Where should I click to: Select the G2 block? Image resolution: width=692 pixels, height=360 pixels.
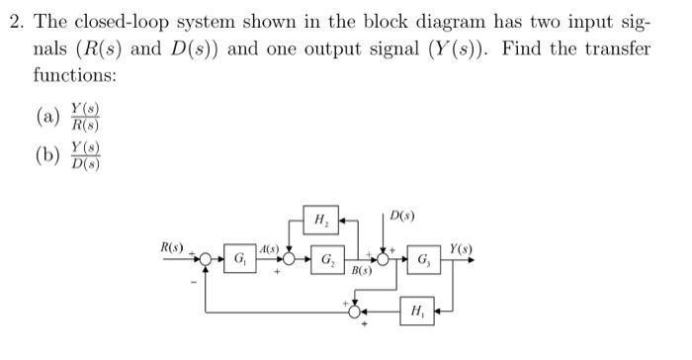[x=325, y=261]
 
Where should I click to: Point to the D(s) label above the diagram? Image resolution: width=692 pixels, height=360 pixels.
[x=403, y=215]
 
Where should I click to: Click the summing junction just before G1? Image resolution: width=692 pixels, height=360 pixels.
[x=206, y=260]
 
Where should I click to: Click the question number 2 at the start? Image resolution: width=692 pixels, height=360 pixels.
[x=14, y=23]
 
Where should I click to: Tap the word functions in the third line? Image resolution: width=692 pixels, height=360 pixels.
[x=71, y=74]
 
